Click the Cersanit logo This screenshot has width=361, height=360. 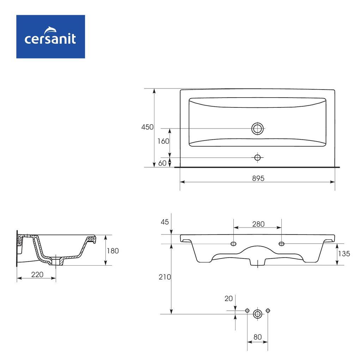click(50, 37)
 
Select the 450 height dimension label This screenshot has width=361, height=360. click(147, 127)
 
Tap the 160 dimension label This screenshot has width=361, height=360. click(163, 141)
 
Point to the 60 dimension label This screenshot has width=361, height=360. click(162, 163)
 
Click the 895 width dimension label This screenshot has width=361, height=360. click(258, 178)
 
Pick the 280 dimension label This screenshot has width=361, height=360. click(258, 224)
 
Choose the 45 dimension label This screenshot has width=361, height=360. click(165, 222)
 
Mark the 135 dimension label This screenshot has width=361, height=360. click(344, 254)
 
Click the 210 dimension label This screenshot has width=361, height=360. click(165, 277)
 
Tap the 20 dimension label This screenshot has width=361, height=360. click(228, 298)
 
